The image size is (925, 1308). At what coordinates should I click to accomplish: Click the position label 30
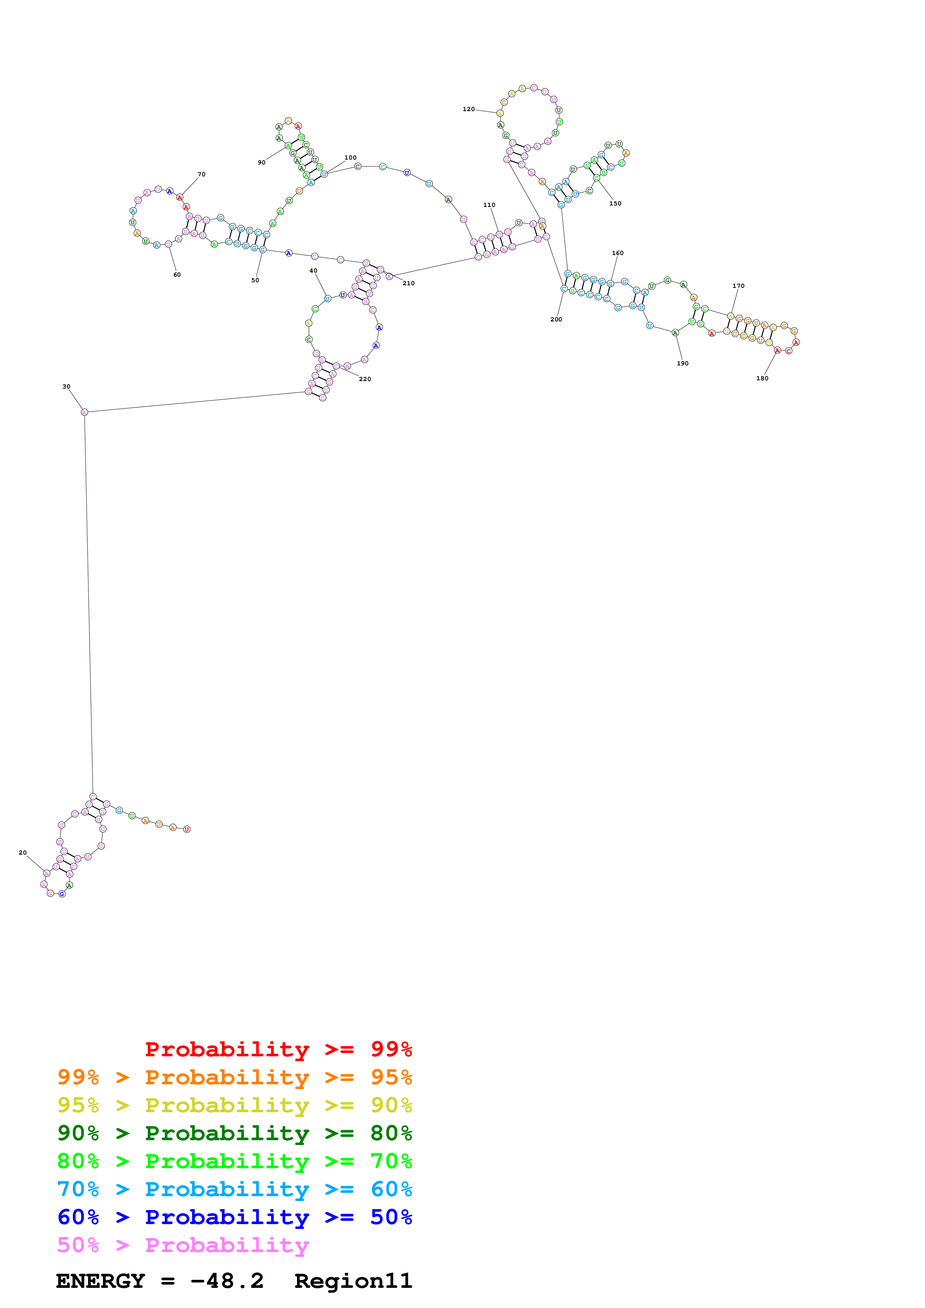tap(66, 387)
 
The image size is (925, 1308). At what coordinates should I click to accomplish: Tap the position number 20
tap(23, 853)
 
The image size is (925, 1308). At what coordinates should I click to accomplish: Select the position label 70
tap(201, 174)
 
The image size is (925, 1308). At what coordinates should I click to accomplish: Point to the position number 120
tap(469, 109)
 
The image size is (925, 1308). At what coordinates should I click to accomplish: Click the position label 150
tap(615, 203)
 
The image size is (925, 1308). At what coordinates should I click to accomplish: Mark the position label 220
tap(365, 379)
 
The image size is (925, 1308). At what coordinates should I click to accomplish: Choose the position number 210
tap(409, 283)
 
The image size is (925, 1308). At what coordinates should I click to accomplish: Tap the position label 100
tap(350, 158)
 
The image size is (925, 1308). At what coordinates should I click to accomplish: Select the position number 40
tap(313, 271)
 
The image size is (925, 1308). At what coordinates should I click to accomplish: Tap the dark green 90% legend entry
tap(234, 1134)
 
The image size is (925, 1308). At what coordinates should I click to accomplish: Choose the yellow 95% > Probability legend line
tap(234, 1105)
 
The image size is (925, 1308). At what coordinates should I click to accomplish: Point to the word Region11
tap(353, 1281)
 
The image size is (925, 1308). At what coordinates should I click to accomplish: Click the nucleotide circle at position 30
tap(84, 412)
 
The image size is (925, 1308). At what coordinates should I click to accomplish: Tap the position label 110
tap(489, 205)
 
